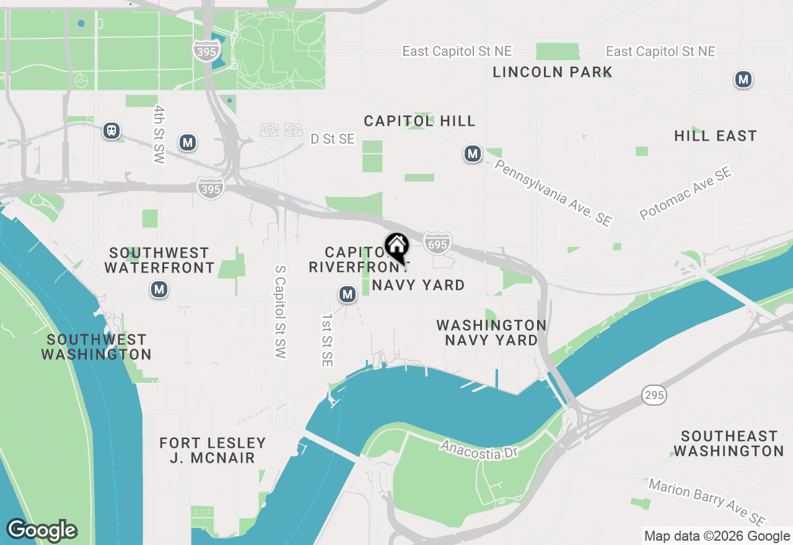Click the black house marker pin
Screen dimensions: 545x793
[x=396, y=246]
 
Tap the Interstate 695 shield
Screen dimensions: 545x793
[x=437, y=243]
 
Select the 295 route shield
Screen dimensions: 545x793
[x=654, y=395]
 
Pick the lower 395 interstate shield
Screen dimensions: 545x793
[x=211, y=188]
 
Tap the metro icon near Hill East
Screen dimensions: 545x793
[x=743, y=79]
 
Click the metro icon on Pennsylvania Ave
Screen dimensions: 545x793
[x=473, y=154]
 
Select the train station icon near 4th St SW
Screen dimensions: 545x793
[x=112, y=131]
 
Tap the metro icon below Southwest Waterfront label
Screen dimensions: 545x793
[x=159, y=289]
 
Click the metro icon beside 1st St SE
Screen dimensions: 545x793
[x=348, y=295]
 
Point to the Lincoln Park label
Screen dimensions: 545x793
[x=552, y=72]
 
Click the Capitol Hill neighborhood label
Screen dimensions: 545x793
[x=419, y=121]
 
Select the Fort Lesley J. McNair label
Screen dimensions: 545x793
[x=212, y=451]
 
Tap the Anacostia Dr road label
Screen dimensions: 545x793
[x=478, y=450]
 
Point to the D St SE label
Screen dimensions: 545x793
[x=333, y=139]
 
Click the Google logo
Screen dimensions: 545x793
[x=42, y=531]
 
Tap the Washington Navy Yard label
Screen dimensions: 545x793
[x=491, y=333]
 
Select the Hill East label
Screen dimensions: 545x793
[x=716, y=136]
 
